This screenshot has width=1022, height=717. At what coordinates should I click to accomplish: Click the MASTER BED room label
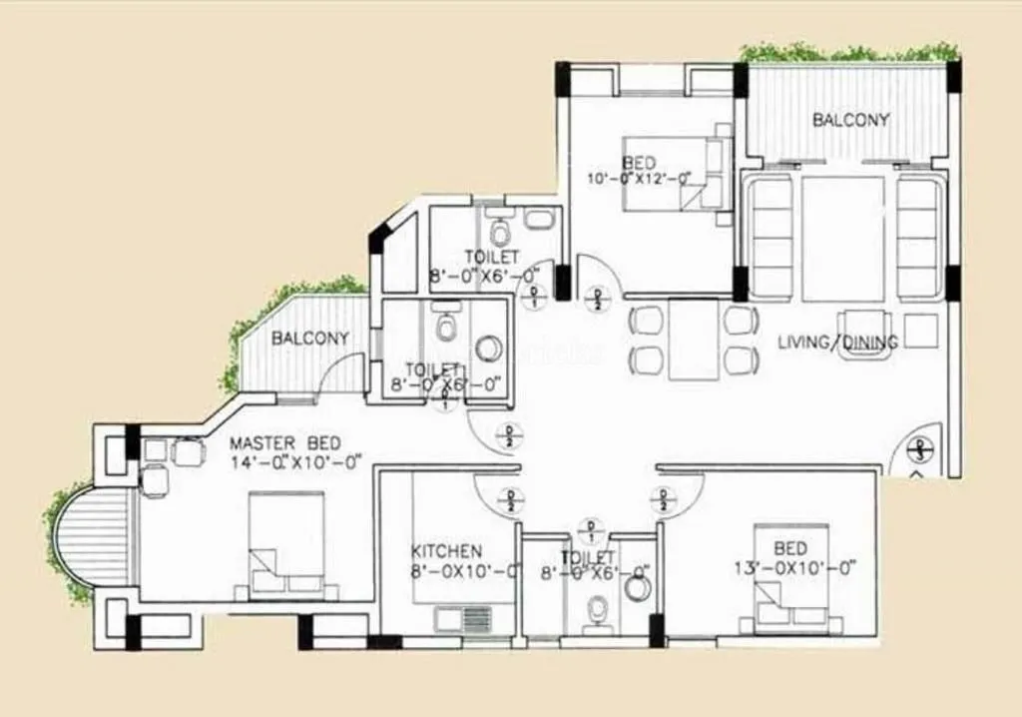[284, 442]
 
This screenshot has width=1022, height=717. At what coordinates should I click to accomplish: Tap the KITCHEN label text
[447, 551]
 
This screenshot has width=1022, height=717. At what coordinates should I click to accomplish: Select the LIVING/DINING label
[837, 343]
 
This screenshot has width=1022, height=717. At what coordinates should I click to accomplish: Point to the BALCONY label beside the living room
[850, 120]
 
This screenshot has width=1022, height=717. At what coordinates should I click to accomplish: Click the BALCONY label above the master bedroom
[310, 339]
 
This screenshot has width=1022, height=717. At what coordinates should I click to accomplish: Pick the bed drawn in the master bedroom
[286, 545]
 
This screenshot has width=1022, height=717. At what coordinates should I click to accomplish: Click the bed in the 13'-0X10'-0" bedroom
[790, 577]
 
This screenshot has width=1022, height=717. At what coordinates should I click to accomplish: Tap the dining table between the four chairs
[694, 341]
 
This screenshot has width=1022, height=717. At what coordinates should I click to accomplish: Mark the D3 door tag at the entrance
[920, 450]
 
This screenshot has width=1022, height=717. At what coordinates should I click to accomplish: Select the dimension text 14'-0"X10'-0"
[296, 461]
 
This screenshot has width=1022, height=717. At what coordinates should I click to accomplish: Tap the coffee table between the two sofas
[843, 238]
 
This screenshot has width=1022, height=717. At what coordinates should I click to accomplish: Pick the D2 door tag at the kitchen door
[510, 499]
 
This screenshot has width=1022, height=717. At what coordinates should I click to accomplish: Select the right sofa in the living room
[917, 238]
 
